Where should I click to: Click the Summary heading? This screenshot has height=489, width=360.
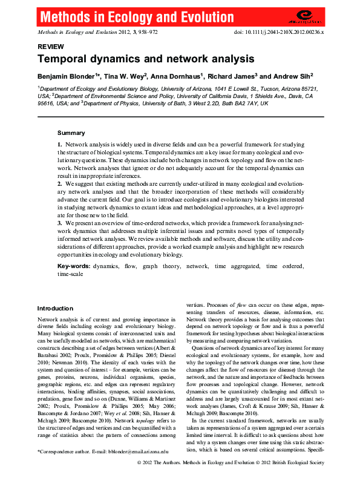click(x=71, y=133)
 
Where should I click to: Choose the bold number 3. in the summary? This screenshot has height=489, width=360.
click(x=60, y=223)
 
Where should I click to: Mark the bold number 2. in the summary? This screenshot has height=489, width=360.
click(x=60, y=182)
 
